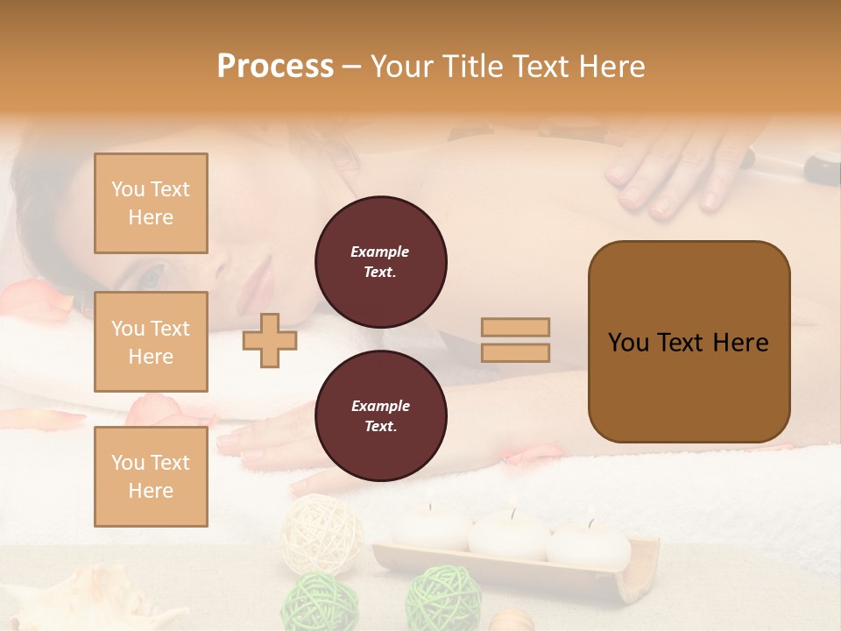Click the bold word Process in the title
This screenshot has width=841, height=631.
pyautogui.click(x=275, y=66)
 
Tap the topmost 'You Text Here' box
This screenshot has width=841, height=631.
pyautogui.click(x=151, y=203)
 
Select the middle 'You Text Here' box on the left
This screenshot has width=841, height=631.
pyautogui.click(x=151, y=342)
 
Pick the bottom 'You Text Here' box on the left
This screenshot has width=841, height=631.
pyautogui.click(x=151, y=476)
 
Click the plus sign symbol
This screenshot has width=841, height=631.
pyautogui.click(x=269, y=340)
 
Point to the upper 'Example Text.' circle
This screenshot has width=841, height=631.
pyautogui.click(x=380, y=261)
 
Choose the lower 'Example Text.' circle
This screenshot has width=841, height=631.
pyautogui.click(x=380, y=415)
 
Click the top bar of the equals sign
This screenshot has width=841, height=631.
pyautogui.click(x=515, y=327)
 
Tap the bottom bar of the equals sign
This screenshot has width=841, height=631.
pyautogui.click(x=515, y=352)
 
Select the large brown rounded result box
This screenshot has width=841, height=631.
pyautogui.click(x=689, y=342)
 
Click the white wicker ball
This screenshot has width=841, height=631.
pyautogui.click(x=322, y=533)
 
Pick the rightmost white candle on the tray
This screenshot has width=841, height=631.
pyautogui.click(x=589, y=543)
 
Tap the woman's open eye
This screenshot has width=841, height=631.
pyautogui.click(x=151, y=277)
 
